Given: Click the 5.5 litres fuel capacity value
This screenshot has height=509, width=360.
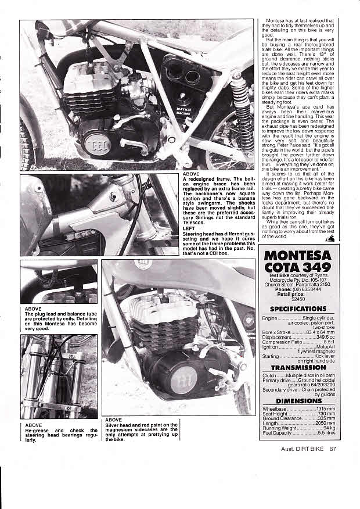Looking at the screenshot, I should (x=325, y=432).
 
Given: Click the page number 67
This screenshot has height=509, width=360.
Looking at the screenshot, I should (x=333, y=448).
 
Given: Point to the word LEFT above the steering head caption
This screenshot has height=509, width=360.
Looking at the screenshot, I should (x=189, y=229).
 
